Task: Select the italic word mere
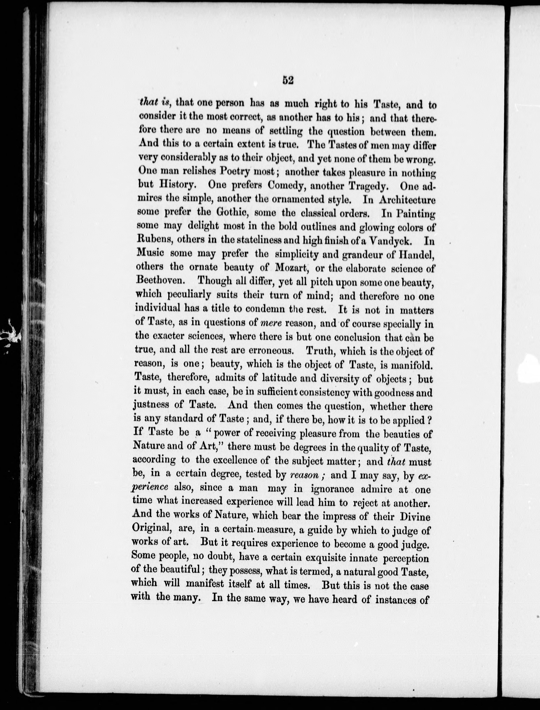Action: tap(270, 322)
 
